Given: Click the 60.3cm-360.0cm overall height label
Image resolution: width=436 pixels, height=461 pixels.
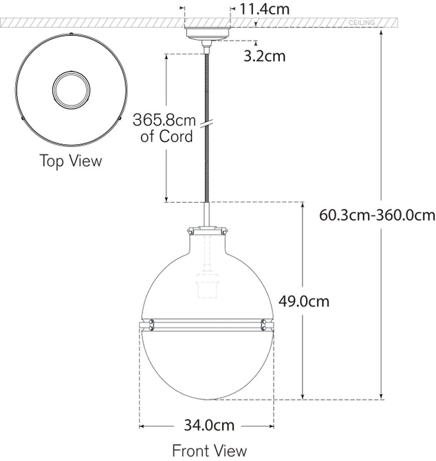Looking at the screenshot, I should pyautogui.click(x=378, y=214).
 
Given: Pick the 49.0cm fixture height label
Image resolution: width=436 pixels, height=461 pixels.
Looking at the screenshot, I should pyautogui.click(x=304, y=301).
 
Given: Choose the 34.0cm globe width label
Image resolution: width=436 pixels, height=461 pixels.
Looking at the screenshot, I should pyautogui.click(x=206, y=425).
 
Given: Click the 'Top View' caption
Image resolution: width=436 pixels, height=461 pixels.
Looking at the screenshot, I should pyautogui.click(x=70, y=161).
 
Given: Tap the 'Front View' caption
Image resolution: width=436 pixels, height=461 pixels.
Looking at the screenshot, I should pyautogui.click(x=209, y=451).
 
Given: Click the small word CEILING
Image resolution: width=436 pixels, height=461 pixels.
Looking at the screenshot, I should pyautogui.click(x=362, y=23).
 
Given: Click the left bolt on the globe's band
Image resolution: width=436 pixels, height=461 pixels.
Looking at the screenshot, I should pyautogui.click(x=150, y=322).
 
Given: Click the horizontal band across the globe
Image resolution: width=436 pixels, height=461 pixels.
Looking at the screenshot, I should pyautogui.click(x=206, y=322).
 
